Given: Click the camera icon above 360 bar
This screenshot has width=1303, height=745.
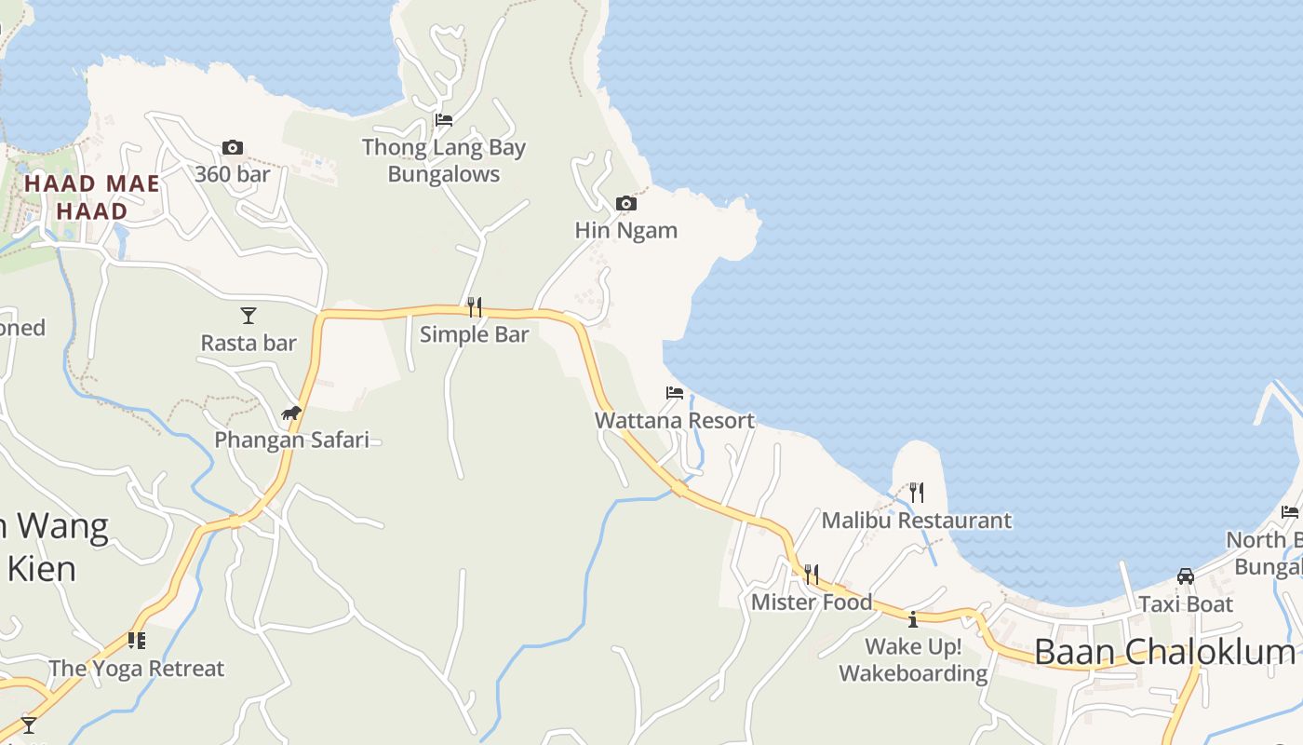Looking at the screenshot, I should tap(233, 147).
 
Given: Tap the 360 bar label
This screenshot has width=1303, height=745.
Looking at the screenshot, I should tap(233, 174).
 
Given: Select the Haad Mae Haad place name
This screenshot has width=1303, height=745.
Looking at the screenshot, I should tap(91, 196).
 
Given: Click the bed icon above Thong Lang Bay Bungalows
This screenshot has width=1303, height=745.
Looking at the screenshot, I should tap(444, 119).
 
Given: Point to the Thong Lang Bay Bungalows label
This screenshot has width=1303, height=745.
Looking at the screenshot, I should tap(444, 160).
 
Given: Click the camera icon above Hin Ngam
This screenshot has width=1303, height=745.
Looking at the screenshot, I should tap(626, 203).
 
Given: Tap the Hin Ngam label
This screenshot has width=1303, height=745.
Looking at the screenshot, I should tap(626, 230).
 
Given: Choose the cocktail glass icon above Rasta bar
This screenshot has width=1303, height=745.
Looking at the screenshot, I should tap(249, 316).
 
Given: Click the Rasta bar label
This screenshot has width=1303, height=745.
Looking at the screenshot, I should tap(249, 343).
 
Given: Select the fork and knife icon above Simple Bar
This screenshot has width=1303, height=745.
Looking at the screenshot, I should tap(475, 306).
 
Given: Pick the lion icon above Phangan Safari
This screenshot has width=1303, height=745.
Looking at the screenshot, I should tap(291, 413).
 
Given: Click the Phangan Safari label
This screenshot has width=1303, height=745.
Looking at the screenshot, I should tap(291, 440).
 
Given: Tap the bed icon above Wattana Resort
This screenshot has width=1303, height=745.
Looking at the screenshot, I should tap(675, 393).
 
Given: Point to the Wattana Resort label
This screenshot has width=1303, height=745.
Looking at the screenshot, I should tap(675, 420).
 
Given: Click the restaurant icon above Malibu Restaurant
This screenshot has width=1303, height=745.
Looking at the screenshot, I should tap(917, 493).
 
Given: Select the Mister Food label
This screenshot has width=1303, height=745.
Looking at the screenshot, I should tap(812, 602).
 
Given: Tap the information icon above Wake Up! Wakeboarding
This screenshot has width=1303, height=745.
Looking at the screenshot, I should tap(913, 618).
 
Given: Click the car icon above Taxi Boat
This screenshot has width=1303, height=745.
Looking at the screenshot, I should tap(1186, 576).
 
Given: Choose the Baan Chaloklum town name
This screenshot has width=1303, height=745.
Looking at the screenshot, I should tap(1164, 652).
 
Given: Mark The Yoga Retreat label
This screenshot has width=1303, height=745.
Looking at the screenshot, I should tap(137, 669).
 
